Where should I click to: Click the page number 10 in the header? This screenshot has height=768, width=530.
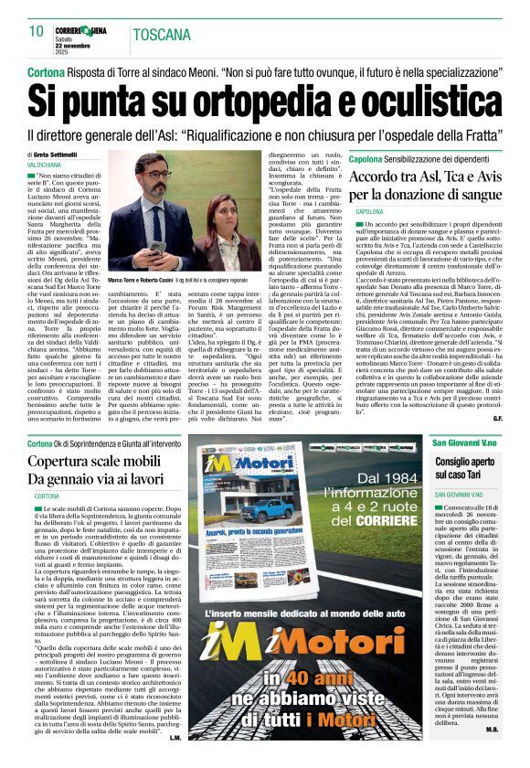pyautogui.click(x=36, y=31)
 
